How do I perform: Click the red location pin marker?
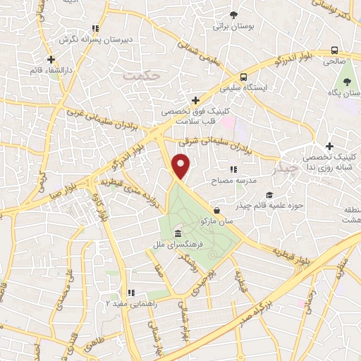182,167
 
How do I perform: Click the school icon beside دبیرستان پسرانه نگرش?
95,29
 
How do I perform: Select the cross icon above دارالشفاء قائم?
50,59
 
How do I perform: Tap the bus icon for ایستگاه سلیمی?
243,77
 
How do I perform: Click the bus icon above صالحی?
334,50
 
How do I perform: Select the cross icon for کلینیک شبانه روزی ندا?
329,145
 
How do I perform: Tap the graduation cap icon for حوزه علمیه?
268,195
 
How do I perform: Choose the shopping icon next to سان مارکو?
216,209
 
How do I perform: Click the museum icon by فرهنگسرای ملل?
177,233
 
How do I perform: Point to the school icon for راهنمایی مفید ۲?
130,292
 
